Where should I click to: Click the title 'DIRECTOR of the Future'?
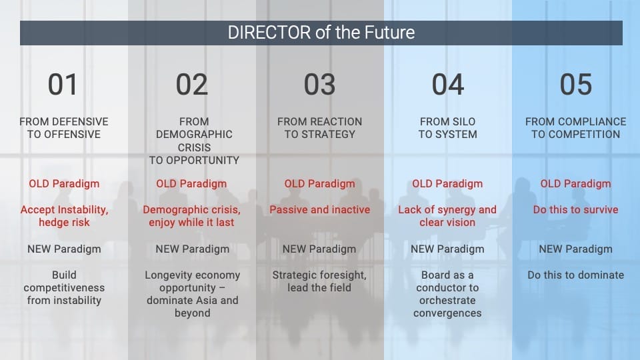click(321, 33)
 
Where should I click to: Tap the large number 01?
click(63, 85)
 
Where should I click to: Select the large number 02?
click(192, 85)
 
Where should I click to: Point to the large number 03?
click(319, 85)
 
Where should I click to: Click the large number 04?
click(448, 85)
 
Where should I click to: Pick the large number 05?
click(575, 85)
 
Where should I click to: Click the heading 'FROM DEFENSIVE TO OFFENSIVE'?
click(64, 128)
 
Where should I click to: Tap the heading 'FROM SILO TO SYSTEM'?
click(448, 128)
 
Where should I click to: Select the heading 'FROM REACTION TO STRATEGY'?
click(319, 128)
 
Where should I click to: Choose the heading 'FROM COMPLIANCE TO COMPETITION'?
click(575, 128)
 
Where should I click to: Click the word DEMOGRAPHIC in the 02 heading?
click(194, 134)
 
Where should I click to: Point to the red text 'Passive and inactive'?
click(319, 210)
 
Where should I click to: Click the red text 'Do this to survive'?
click(575, 210)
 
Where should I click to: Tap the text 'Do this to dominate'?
click(575, 275)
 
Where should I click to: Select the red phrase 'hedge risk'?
click(64, 223)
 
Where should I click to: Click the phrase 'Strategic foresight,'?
click(319, 275)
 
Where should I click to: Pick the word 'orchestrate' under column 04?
click(447, 301)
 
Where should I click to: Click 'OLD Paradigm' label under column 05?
click(575, 184)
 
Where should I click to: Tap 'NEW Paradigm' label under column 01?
click(64, 249)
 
